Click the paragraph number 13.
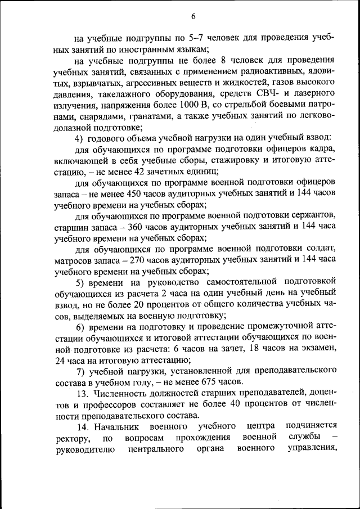83,393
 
